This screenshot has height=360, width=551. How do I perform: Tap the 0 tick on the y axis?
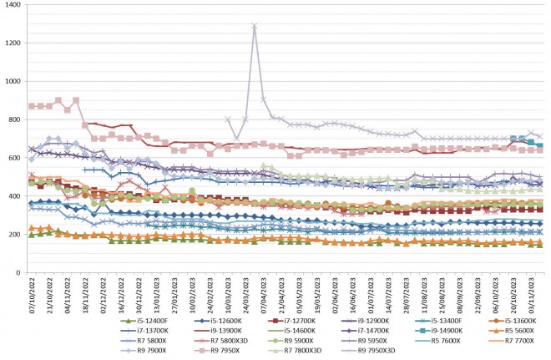coord(16,273)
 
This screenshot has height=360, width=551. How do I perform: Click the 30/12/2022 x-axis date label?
coord(133,298)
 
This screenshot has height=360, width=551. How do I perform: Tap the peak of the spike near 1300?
coord(254,26)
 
